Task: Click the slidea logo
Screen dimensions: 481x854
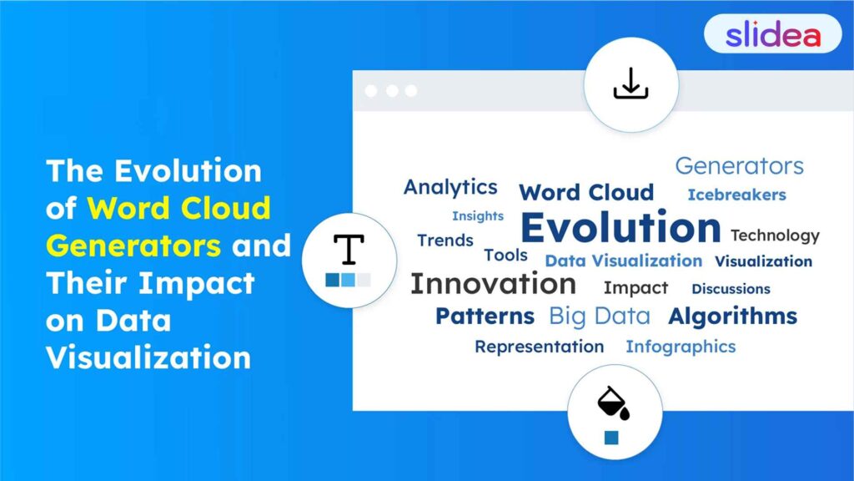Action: tap(772, 34)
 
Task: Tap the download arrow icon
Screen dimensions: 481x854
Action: tap(630, 84)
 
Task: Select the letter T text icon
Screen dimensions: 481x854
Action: tap(349, 249)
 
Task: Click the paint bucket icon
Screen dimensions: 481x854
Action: tap(613, 403)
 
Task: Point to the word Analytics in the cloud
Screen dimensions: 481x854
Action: tap(450, 187)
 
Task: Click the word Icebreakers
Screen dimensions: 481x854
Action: tap(736, 195)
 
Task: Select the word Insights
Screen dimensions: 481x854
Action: tap(478, 216)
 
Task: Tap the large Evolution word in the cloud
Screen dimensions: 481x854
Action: tap(620, 228)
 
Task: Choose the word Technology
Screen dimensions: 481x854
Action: tap(775, 235)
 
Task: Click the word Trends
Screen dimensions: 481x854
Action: tap(445, 240)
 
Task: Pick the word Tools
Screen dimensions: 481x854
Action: tap(505, 256)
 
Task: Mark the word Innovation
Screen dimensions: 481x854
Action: tap(493, 284)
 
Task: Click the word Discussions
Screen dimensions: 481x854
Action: tap(731, 289)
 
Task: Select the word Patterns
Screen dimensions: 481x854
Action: tap(485, 316)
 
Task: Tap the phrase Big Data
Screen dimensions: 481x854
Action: tap(599, 316)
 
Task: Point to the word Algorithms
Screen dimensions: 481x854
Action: tap(732, 316)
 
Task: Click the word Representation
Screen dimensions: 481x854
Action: tap(539, 347)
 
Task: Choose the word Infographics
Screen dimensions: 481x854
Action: tap(681, 347)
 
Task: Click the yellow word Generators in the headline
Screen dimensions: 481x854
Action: tap(133, 246)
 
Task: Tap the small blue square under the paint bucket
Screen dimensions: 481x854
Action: tap(611, 438)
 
